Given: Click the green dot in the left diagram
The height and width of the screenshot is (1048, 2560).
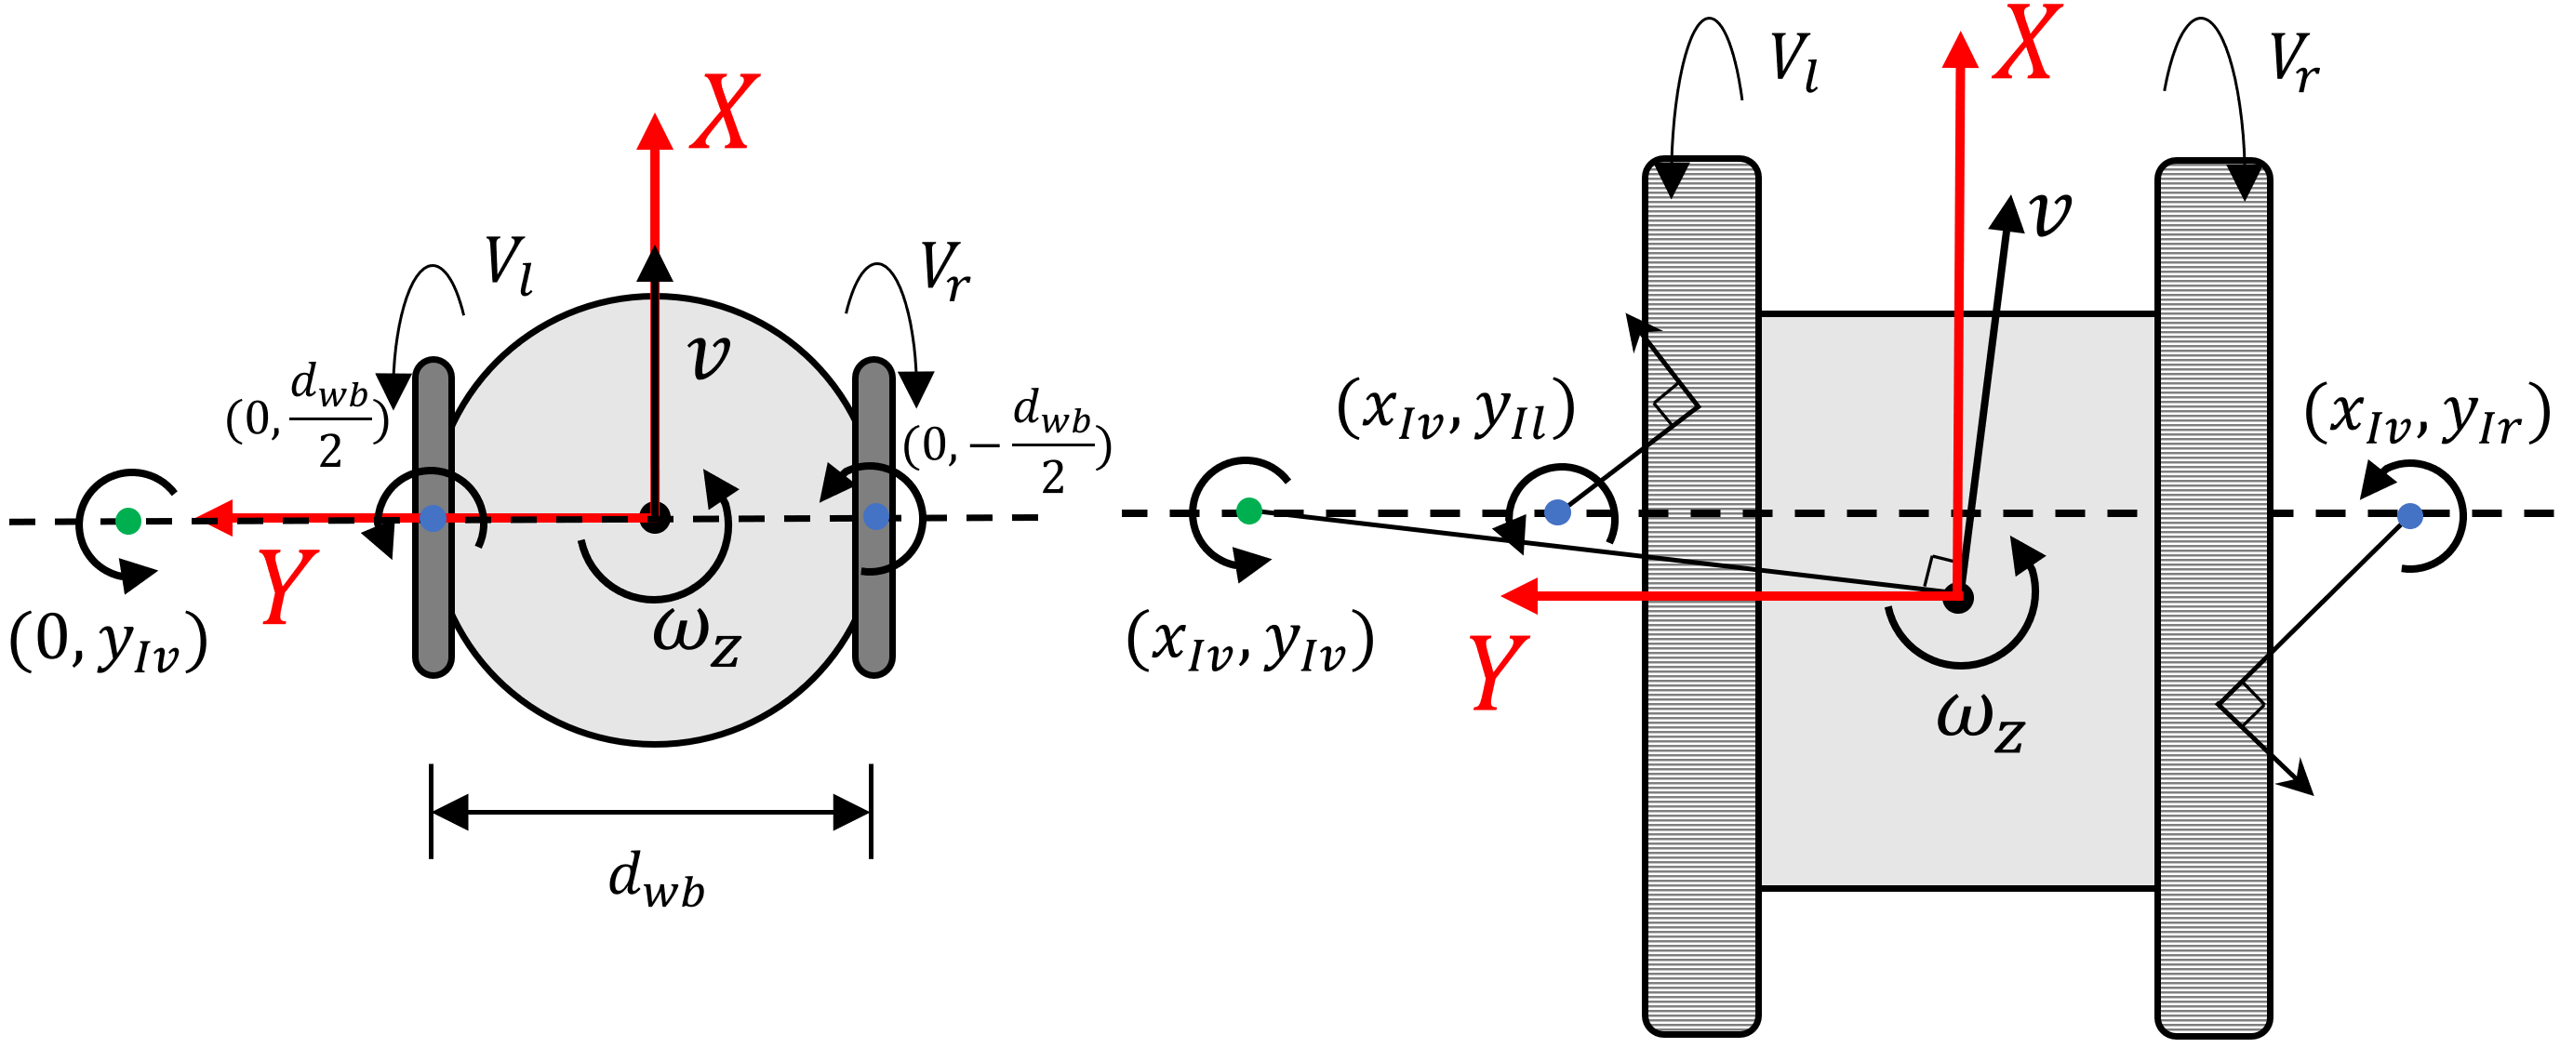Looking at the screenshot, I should [128, 521].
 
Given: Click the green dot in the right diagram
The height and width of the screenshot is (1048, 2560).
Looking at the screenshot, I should [1249, 511].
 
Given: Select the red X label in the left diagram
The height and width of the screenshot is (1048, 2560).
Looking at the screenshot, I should [726, 113].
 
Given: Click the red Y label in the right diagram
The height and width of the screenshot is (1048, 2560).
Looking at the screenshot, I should [1499, 672].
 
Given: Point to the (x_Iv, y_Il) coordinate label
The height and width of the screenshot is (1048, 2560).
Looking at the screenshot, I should [1456, 409].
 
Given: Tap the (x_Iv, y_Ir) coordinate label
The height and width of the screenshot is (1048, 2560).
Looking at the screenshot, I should [2426, 413].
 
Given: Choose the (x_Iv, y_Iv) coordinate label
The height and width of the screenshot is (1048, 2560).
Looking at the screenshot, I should [1250, 642].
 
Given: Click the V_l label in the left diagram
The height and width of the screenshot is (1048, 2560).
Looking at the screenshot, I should [509, 265].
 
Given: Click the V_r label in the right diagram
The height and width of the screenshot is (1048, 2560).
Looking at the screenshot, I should [2294, 62].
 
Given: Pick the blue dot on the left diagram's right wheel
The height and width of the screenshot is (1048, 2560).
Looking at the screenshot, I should [875, 515].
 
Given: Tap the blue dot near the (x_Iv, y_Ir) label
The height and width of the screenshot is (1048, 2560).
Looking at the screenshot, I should [2410, 515].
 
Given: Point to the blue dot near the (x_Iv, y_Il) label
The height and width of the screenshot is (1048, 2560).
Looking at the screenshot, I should [1557, 512].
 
